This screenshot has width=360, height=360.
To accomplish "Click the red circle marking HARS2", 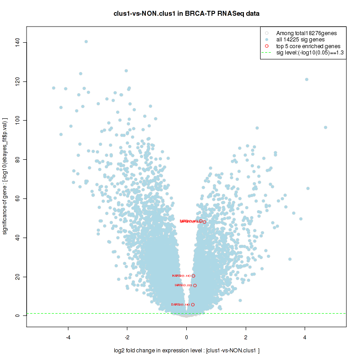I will [x=193, y=276].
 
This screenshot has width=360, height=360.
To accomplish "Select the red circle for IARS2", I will [x=195, y=285].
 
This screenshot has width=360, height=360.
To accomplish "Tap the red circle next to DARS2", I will [x=193, y=305].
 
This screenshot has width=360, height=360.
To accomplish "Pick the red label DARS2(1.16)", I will [x=180, y=305].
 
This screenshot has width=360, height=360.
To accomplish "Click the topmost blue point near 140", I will [x=86, y=42].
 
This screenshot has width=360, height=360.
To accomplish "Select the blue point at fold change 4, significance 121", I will [x=307, y=79].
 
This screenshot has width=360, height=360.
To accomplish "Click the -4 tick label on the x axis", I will [x=68, y=337].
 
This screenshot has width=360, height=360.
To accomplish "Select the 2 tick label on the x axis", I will [x=246, y=337].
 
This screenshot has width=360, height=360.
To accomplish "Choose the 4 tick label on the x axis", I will [x=305, y=337].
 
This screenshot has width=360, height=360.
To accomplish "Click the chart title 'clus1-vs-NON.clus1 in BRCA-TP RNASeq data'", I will [x=186, y=13].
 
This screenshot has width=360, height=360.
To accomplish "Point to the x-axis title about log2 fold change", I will [x=186, y=351].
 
